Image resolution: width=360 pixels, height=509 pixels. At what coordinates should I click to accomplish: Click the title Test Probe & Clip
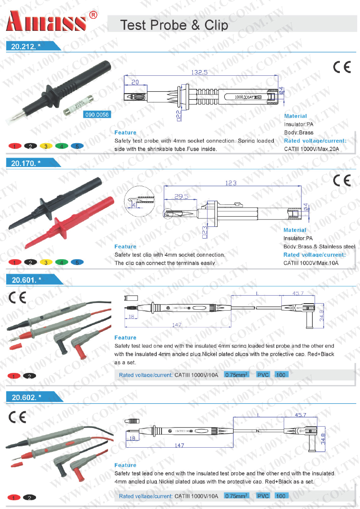[x=174, y=25]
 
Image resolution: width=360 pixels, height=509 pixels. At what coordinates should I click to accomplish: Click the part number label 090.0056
[x=96, y=115]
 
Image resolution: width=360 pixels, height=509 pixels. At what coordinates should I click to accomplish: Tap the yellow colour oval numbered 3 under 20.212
[x=46, y=146]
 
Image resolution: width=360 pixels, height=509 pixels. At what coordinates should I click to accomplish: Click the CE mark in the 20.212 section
[x=342, y=67]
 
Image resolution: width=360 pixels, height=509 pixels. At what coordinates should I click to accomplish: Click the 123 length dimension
[x=231, y=183]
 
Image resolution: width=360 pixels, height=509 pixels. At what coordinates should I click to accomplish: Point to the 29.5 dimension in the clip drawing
[x=181, y=196]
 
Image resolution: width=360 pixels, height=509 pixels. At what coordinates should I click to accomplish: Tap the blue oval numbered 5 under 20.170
[x=77, y=262]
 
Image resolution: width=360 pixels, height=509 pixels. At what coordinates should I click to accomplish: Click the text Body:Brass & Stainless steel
[x=319, y=247]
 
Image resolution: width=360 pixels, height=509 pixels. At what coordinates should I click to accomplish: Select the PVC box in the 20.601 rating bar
[x=263, y=375]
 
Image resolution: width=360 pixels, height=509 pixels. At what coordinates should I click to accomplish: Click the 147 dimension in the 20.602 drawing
[x=179, y=445]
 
